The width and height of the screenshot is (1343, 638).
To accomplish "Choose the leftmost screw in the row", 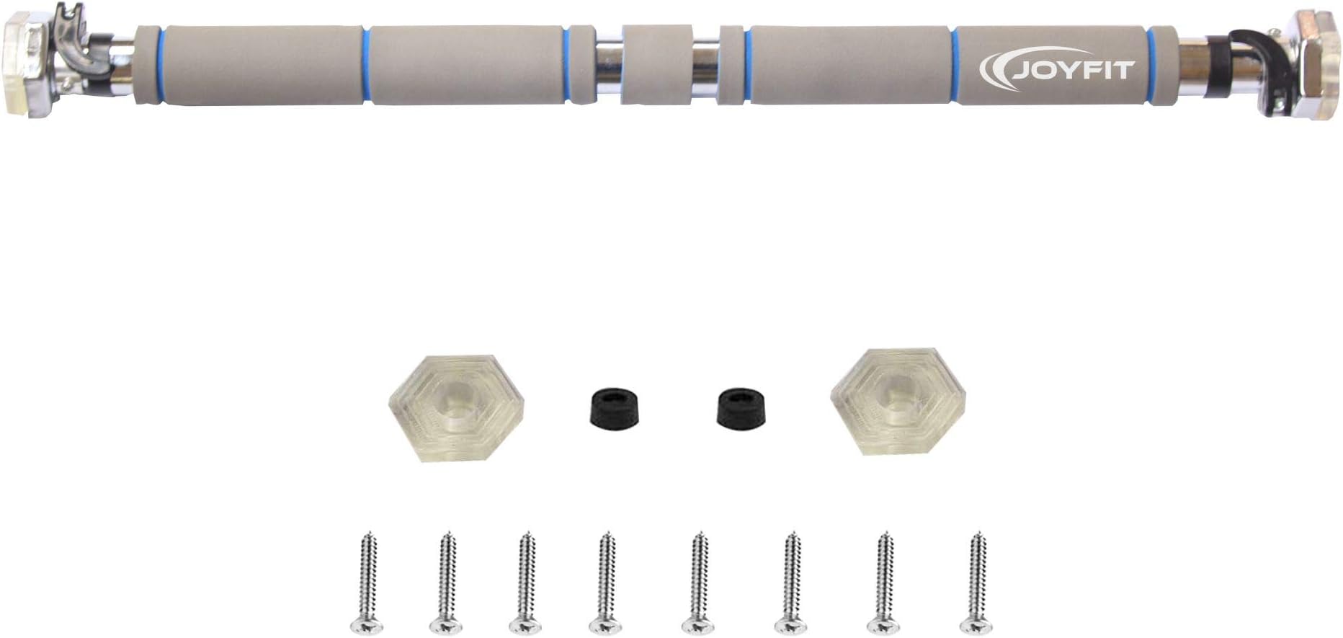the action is click(x=366, y=583).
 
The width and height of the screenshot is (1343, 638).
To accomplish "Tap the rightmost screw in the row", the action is click(x=977, y=583).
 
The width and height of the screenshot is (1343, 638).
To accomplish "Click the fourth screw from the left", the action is click(x=605, y=583).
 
